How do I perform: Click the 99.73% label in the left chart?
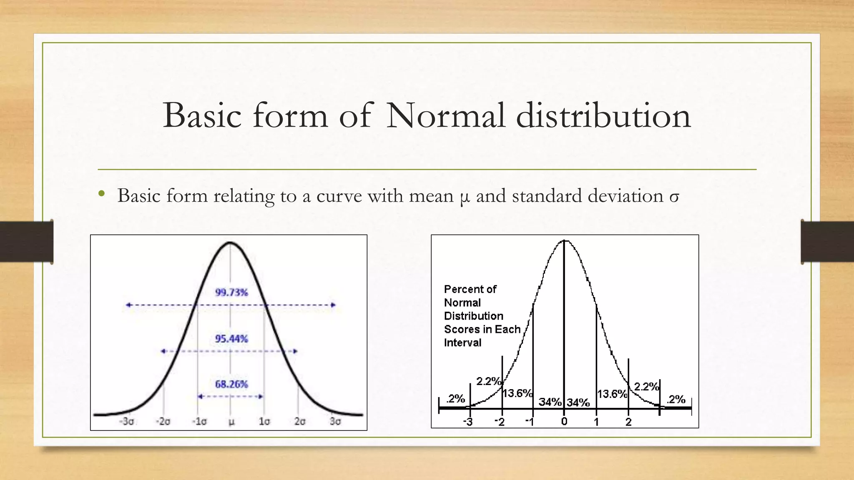pyautogui.click(x=231, y=292)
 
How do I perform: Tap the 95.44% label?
pyautogui.click(x=231, y=339)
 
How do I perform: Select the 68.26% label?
pyautogui.click(x=231, y=384)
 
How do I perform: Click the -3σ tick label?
pyautogui.click(x=127, y=421)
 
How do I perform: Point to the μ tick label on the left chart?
pyautogui.click(x=231, y=422)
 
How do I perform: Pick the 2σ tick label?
pyautogui.click(x=300, y=421)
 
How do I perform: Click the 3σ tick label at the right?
pyautogui.click(x=335, y=421)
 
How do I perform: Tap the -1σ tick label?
pyautogui.click(x=199, y=421)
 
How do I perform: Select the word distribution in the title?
pyautogui.click(x=603, y=115)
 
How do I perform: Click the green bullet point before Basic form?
pyautogui.click(x=101, y=194)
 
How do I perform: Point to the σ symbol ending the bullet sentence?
pyautogui.click(x=674, y=196)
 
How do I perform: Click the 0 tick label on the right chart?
pyautogui.click(x=564, y=421)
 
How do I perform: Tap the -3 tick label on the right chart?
pyautogui.click(x=468, y=422)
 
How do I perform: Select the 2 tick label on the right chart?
pyautogui.click(x=628, y=422)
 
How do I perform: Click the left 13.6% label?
pyautogui.click(x=517, y=393)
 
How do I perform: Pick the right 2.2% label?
pyautogui.click(x=646, y=387)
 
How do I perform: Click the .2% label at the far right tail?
pyautogui.click(x=676, y=400)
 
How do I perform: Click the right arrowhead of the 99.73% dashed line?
pyautogui.click(x=333, y=305)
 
